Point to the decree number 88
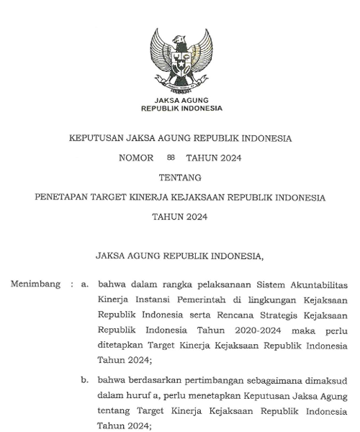[x=170, y=157]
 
